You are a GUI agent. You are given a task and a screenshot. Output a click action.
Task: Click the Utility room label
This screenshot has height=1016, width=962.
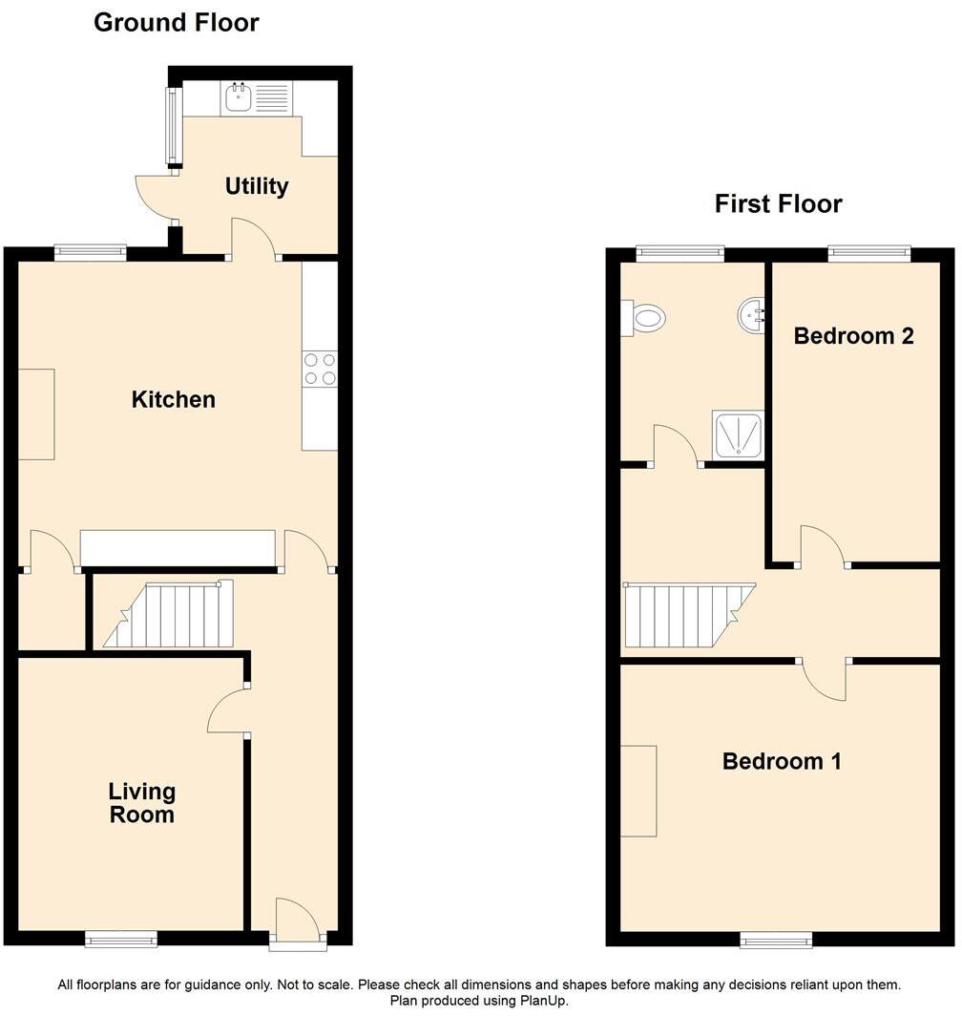256,186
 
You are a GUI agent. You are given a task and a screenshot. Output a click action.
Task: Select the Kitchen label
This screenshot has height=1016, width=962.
173,399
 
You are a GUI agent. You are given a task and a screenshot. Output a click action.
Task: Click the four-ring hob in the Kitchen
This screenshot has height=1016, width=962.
320,369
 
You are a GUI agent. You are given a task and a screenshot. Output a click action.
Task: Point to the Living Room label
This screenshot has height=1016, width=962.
141,803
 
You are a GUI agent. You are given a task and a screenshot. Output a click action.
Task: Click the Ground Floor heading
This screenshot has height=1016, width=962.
177,23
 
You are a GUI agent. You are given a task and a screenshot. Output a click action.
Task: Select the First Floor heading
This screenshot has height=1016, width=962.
778,203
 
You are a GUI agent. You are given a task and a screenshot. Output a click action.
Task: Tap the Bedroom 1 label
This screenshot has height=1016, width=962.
782,761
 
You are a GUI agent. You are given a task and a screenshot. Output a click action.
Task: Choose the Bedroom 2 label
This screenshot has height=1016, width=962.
853,336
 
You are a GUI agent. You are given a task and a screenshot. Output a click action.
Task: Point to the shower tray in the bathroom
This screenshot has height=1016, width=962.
738,435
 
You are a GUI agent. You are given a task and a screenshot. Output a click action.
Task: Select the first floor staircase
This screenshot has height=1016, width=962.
685,616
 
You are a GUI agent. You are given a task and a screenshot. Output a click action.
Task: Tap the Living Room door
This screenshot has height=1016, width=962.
227,711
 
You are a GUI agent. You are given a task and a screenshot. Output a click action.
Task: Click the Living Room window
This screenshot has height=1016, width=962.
121,941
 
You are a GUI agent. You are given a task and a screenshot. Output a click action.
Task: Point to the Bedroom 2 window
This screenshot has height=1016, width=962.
868,253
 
